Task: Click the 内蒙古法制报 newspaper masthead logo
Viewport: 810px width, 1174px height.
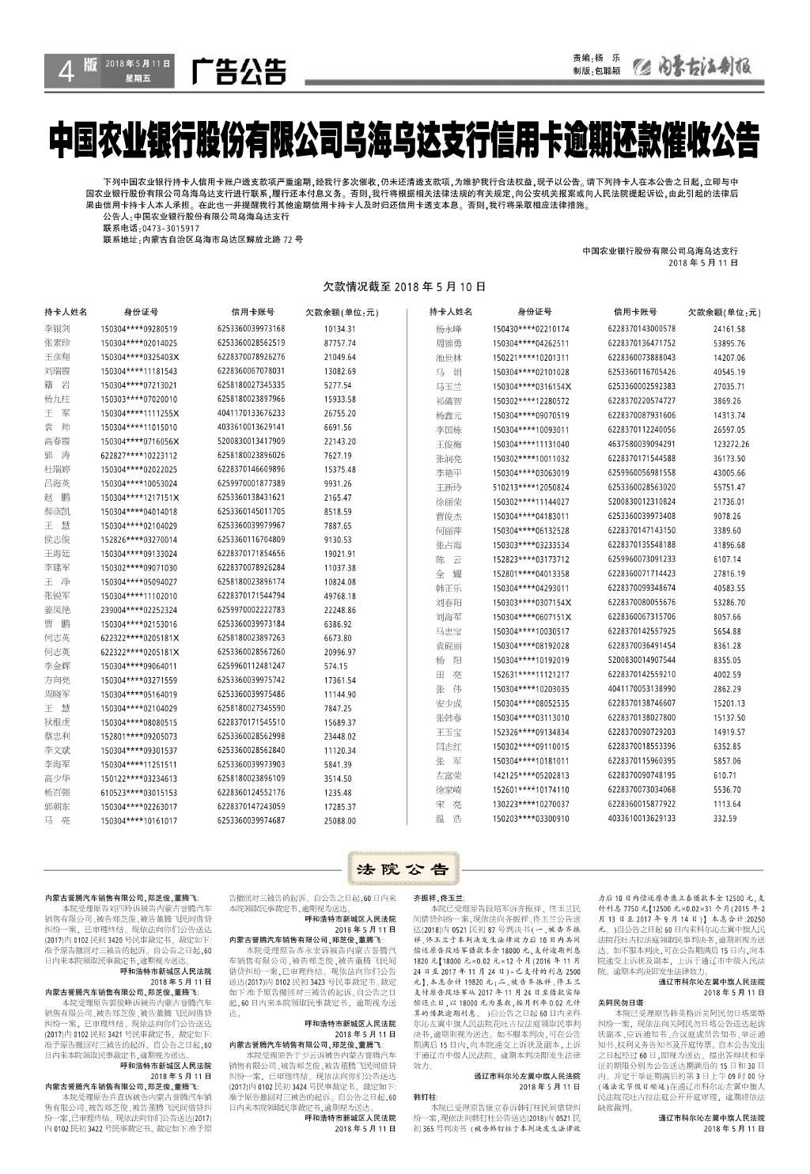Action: pyautogui.click(x=695, y=68)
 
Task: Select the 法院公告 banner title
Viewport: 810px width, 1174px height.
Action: pyautogui.click(x=403, y=869)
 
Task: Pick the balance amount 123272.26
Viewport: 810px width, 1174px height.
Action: pyautogui.click(x=730, y=445)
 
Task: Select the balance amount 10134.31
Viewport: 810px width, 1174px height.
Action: pyautogui.click(x=339, y=329)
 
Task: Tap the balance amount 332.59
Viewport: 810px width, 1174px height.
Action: pyautogui.click(x=725, y=819)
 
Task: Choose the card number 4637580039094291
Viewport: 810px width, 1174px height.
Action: pyautogui.click(x=642, y=445)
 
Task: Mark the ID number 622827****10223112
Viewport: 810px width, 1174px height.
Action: pyautogui.click(x=139, y=456)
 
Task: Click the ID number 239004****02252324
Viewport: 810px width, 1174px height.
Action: pyautogui.click(x=139, y=610)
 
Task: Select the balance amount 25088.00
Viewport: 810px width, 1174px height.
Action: pyautogui.click(x=339, y=821)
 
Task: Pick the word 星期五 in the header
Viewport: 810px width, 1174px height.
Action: pyautogui.click(x=137, y=79)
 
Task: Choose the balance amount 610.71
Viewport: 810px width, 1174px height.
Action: pyautogui.click(x=725, y=775)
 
